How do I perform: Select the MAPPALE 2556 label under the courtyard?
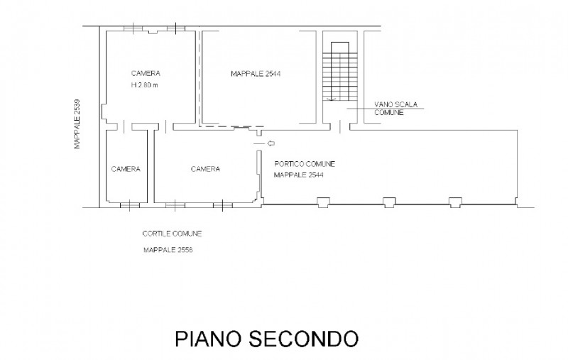coord(168,250)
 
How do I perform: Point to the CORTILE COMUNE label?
coord(170,233)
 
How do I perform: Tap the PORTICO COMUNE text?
coord(304,164)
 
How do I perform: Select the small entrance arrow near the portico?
coord(270,143)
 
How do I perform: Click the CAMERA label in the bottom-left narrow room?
coord(126,169)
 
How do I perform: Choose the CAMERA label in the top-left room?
coord(145,73)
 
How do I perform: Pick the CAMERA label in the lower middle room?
coord(205,169)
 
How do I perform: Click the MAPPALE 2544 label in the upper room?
coord(256,73)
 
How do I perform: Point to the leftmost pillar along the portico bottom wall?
coord(323,203)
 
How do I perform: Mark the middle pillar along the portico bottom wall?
coord(388,202)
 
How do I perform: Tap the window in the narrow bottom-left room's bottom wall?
coord(129,206)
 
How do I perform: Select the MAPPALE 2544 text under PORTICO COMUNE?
coord(299,175)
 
